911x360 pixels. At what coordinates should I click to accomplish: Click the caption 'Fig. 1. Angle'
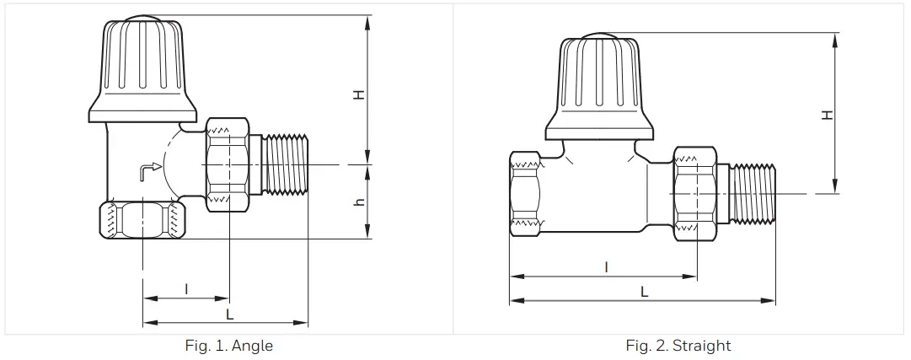click(228, 346)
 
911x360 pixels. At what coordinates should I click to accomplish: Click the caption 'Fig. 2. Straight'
click(678, 346)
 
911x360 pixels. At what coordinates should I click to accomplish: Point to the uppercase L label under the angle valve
click(229, 314)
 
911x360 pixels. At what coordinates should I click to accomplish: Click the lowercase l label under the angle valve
click(186, 289)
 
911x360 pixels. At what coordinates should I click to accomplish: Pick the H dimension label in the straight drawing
click(827, 114)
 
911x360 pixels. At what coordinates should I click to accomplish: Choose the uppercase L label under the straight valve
click(644, 292)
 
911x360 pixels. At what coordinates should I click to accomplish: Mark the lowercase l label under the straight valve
click(606, 266)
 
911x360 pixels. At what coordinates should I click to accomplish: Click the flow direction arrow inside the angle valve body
click(149, 171)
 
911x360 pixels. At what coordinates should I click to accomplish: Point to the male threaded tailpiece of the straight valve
click(753, 194)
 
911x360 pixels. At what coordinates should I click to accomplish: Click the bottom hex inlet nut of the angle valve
click(141, 220)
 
